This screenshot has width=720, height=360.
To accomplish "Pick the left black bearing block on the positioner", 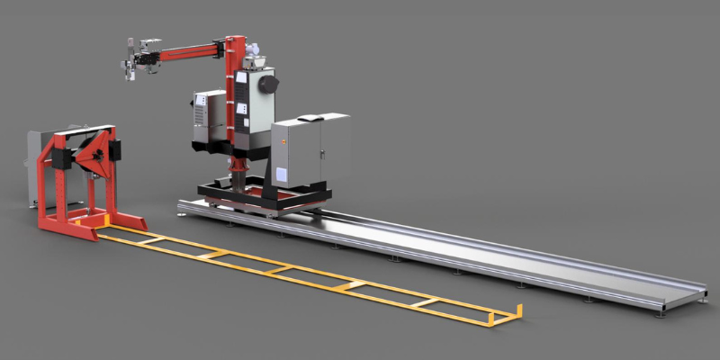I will (61, 158).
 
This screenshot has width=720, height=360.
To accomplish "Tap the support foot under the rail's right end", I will (662, 311).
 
